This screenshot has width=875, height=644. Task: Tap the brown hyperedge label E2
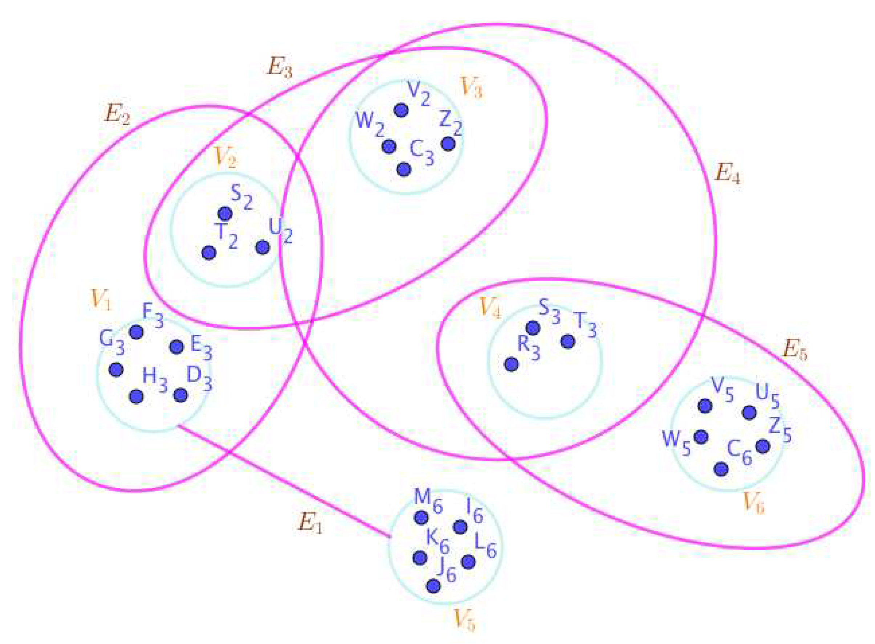[x=117, y=114]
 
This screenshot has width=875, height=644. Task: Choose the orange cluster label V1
[x=101, y=299]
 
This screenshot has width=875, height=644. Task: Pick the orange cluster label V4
[x=489, y=308]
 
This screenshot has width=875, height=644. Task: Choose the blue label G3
[x=112, y=342]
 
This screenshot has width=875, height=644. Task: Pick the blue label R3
[x=528, y=347]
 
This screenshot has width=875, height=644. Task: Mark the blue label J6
[x=446, y=572]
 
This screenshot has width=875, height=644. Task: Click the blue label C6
[x=740, y=454]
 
